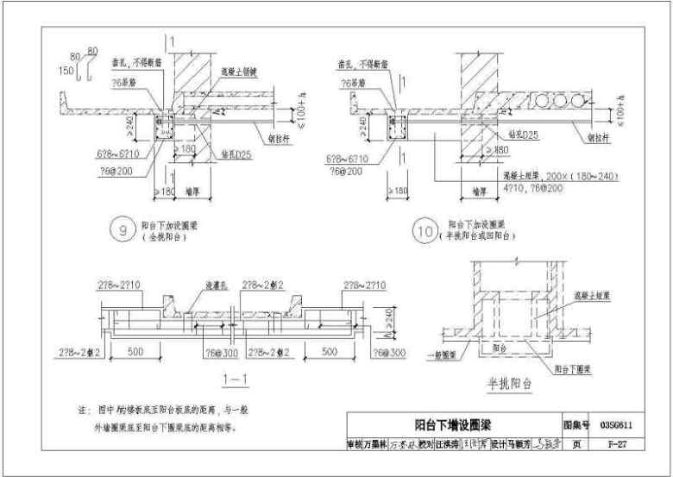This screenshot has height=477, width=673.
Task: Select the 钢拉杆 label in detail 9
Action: pyautogui.click(x=281, y=134)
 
